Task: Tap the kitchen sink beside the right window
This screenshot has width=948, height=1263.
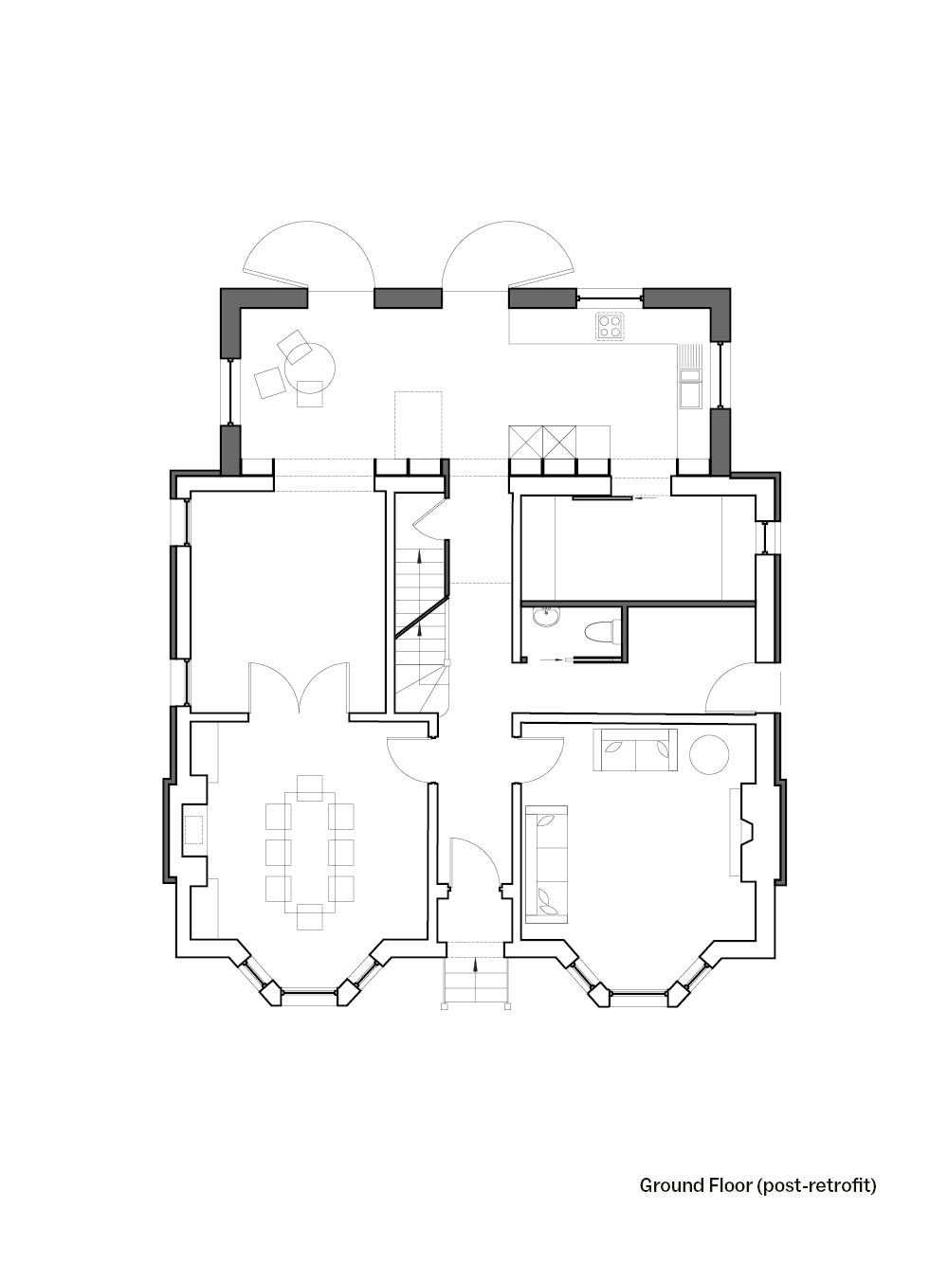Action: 689,389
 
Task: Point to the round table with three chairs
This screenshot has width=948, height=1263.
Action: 310,368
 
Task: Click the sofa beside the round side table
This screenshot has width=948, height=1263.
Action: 635,749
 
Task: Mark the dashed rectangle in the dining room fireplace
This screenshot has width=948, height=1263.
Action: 194,830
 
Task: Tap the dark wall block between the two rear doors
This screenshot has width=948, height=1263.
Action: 408,298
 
